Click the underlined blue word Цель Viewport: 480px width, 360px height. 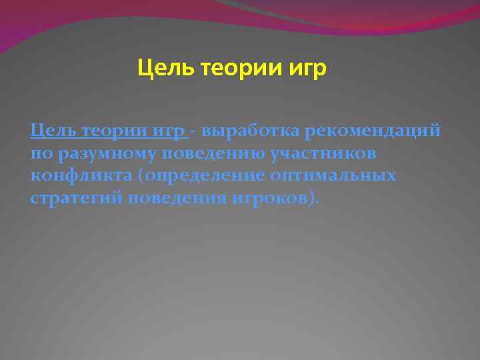[x=53, y=130]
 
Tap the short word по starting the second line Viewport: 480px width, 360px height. [x=39, y=154]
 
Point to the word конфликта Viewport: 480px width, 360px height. [x=75, y=176]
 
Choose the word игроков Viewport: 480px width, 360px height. [x=269, y=199]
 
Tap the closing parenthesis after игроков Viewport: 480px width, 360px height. [x=313, y=199]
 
